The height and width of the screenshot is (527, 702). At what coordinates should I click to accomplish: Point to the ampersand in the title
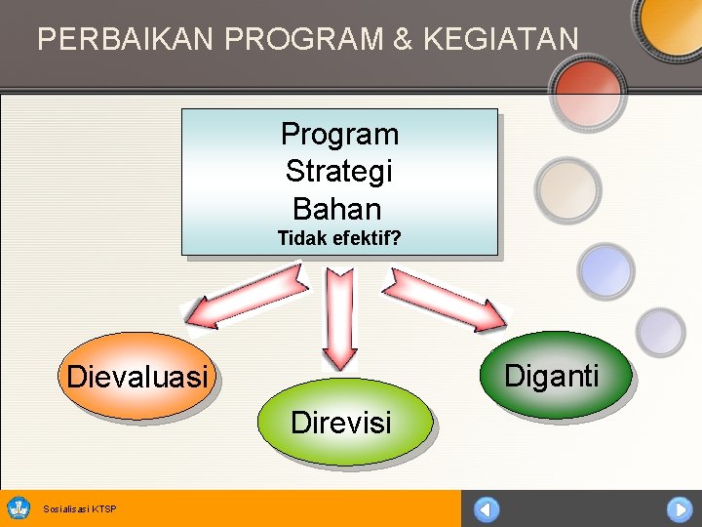[x=403, y=39]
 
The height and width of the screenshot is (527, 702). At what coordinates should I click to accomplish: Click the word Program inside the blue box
[x=339, y=134]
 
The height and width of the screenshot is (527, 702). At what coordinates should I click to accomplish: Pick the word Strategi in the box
[x=339, y=172]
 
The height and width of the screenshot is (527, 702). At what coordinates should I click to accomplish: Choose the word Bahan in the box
[x=337, y=209]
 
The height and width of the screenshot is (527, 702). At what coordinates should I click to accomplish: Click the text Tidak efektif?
[x=339, y=238]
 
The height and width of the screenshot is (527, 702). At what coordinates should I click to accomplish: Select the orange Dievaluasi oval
[x=136, y=377]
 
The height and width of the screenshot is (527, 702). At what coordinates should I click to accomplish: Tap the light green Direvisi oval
[x=341, y=422]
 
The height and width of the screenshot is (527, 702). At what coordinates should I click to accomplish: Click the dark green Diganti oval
[x=552, y=376]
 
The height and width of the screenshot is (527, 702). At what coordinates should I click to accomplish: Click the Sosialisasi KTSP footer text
[x=80, y=508]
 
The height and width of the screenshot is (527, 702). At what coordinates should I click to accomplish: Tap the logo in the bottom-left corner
[x=19, y=507]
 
